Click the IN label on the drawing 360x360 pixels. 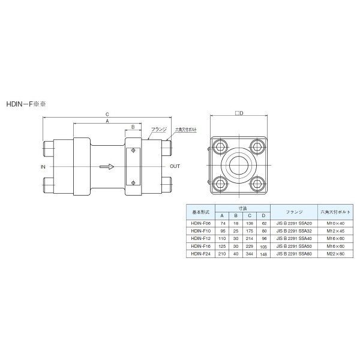pyautogui.click(x=43, y=166)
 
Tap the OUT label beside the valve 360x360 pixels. pyautogui.click(x=175, y=166)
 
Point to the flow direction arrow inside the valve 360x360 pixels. pyautogui.click(x=106, y=167)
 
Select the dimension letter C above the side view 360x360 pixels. pyautogui.click(x=107, y=114)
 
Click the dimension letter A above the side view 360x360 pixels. pyautogui.click(x=107, y=121)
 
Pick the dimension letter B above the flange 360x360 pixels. pyautogui.click(x=133, y=127)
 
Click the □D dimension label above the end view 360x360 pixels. pyautogui.click(x=238, y=115)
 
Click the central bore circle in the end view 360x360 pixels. pyautogui.click(x=238, y=164)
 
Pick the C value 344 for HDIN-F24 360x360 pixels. pyautogui.click(x=250, y=254)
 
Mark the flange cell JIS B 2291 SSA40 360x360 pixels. pyautogui.click(x=294, y=238)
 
